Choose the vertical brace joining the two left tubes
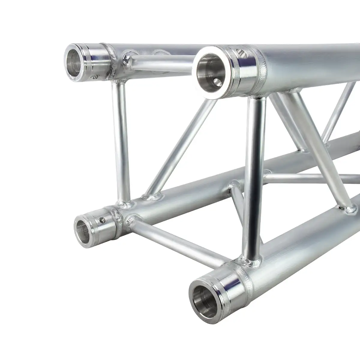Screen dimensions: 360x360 click(x=121, y=141)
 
